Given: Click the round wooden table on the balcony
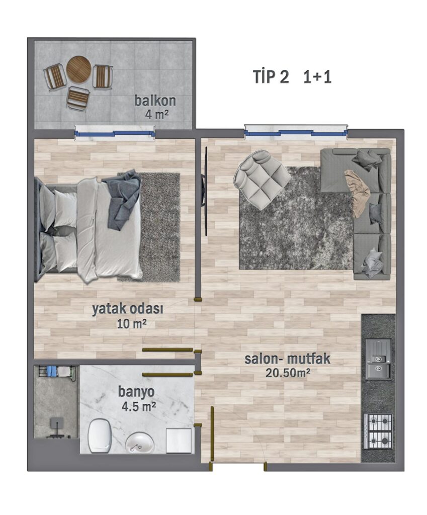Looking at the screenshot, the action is coord(79,69).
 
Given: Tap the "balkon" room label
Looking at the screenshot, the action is coord(155,101).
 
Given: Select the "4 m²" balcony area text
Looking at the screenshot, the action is coord(157,115).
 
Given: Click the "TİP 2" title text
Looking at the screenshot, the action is coord(271,77).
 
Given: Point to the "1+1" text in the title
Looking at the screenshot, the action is coord(317,77).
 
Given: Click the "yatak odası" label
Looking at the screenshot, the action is coord(127,309).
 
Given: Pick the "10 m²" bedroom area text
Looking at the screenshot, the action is coord(131,324).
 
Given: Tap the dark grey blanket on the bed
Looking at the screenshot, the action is coord(124,198).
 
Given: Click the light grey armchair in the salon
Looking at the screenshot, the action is coord(261,180).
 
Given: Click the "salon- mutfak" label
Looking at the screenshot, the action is coord(287,359).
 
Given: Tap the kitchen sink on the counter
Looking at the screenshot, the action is coord(378,359).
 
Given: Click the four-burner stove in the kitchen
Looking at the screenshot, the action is coord(378,431).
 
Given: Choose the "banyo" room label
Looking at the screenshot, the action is coord(136,392).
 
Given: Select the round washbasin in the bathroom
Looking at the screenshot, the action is coord(139,443).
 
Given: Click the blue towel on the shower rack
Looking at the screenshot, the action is coord(52,371).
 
